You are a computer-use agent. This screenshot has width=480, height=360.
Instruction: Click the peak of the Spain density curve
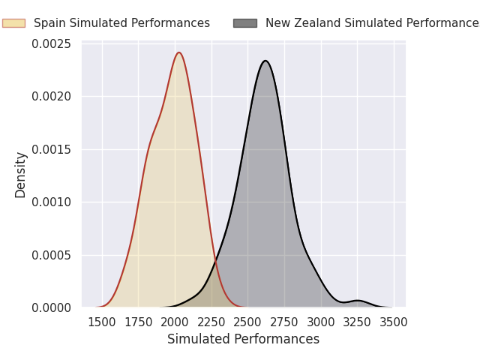point(179,52)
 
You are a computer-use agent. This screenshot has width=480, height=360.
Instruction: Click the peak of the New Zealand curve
point(265,61)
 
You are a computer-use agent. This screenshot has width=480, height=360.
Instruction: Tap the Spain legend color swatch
point(13,23)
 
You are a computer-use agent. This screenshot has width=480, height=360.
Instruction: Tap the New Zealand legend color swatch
point(245,23)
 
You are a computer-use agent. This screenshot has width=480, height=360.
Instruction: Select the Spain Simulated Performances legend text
point(121,23)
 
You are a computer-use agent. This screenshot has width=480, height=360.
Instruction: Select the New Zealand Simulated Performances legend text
point(373,23)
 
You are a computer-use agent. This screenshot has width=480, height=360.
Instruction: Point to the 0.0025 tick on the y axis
point(52,43)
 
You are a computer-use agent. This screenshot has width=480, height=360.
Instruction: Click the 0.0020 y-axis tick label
point(52,97)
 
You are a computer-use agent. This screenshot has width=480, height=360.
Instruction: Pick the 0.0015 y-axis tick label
point(52,149)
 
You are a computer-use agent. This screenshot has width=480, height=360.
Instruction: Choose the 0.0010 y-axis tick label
point(52,202)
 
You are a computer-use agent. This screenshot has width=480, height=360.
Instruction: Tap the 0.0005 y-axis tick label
point(52,255)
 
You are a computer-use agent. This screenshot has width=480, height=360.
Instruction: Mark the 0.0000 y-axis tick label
point(52,307)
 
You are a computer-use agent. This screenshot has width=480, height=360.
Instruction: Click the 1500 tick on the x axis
point(102,322)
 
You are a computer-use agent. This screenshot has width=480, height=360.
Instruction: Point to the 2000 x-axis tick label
point(175,322)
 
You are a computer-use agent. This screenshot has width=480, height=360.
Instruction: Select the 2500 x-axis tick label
point(247,322)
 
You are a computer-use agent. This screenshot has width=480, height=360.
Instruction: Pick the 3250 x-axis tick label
point(357,322)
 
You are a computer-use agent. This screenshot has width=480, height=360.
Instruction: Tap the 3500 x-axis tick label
point(394,322)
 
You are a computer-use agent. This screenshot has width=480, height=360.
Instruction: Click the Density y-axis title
point(20,175)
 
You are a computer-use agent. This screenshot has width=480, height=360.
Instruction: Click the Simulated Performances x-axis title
point(243,339)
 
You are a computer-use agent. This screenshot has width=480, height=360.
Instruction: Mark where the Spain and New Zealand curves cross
point(215,261)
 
